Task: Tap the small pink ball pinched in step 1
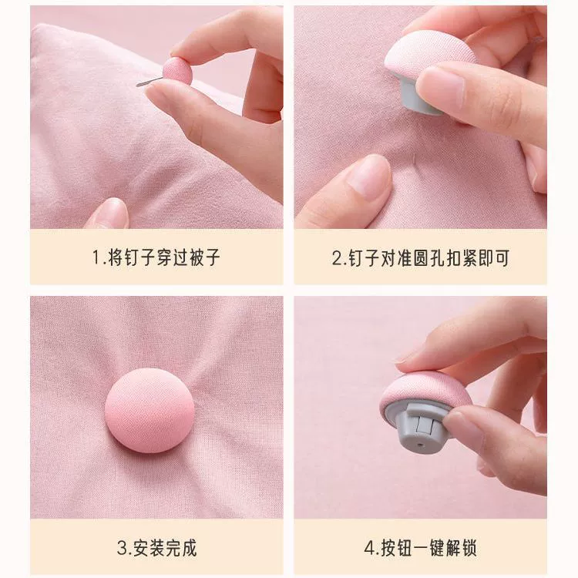point(177,70)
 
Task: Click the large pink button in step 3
point(150,409)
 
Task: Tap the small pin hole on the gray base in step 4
point(422,445)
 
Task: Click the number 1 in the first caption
point(96,257)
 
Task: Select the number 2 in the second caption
point(337,257)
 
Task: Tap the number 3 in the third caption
point(122,548)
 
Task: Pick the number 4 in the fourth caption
point(370,548)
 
